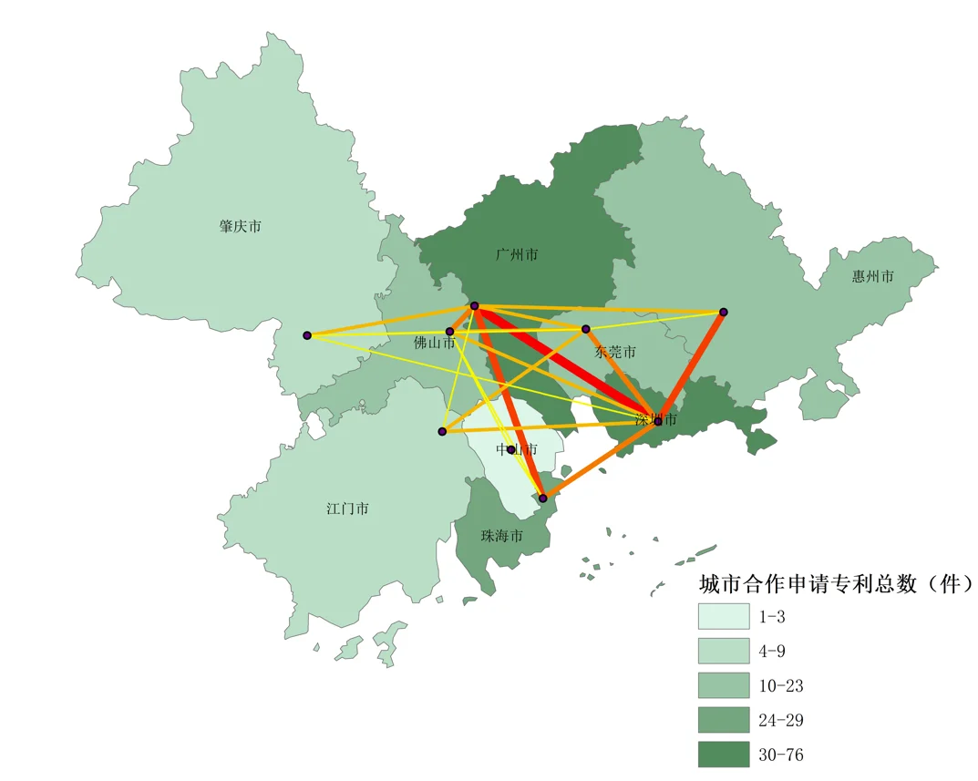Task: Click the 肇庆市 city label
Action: tap(241, 226)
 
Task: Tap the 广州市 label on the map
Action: tap(517, 254)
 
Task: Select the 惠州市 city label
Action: tap(872, 276)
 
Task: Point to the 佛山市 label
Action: tap(434, 344)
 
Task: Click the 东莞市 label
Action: tap(615, 352)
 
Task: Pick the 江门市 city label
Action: tap(347, 509)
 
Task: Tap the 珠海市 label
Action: tap(502, 536)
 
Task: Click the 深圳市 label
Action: tap(656, 420)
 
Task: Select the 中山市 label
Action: tap(516, 449)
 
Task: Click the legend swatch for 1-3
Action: tap(724, 616)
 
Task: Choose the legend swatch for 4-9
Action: tap(724, 651)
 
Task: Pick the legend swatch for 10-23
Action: tap(724, 685)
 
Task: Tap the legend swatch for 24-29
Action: tap(724, 720)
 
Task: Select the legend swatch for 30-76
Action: tap(724, 754)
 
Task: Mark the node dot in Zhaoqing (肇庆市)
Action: tap(307, 335)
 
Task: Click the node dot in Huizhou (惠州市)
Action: tap(723, 312)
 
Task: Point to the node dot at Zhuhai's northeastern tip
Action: tap(542, 498)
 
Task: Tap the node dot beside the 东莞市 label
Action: tap(586, 329)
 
